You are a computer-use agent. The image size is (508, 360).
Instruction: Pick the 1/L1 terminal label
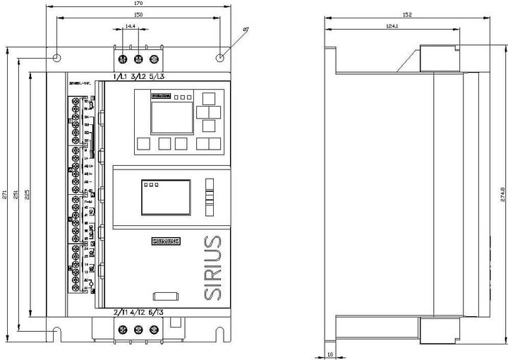(120, 76)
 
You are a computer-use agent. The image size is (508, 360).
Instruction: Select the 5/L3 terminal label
(157, 76)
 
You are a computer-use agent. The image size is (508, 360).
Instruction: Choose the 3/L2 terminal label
(138, 76)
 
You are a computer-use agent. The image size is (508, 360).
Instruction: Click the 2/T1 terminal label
(120, 312)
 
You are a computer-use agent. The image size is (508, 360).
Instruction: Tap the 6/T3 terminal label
(156, 312)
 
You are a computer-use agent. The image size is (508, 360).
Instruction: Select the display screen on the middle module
(165, 197)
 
